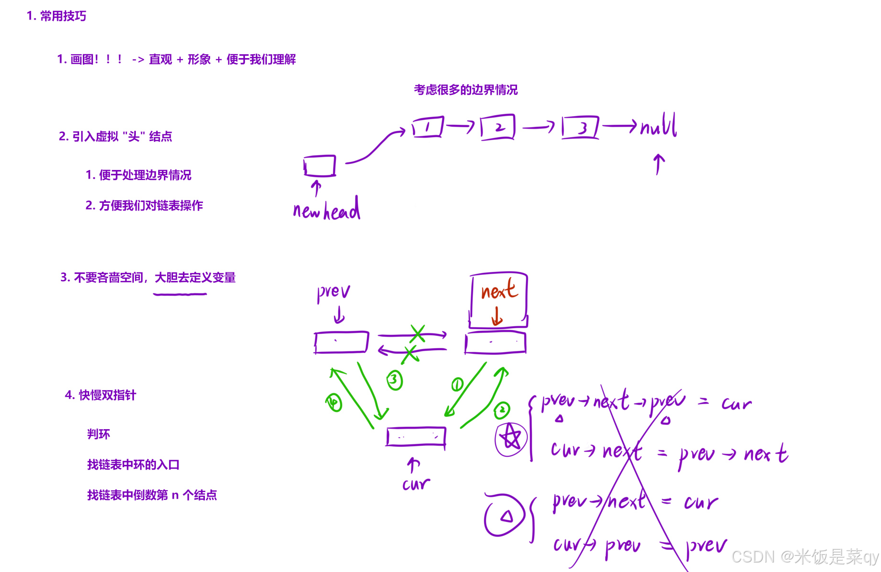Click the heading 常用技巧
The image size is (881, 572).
click(62, 16)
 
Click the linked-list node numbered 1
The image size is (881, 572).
click(427, 127)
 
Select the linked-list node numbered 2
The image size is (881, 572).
click(497, 127)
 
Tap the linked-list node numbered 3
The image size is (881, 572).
click(580, 128)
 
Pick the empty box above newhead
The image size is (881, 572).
click(320, 166)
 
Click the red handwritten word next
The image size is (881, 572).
click(498, 290)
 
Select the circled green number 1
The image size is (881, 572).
click(457, 384)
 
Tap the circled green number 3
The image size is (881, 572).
click(395, 380)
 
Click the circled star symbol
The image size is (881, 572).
click(511, 438)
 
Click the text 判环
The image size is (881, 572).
click(99, 434)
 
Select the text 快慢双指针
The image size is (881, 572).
click(107, 395)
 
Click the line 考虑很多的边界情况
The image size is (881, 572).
click(466, 90)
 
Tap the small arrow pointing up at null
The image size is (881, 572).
click(658, 164)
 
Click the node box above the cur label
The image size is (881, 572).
click(416, 436)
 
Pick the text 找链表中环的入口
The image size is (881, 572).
click(133, 464)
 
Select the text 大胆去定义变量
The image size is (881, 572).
click(195, 277)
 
